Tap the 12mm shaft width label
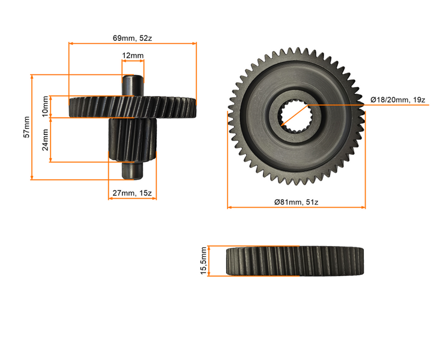[133, 56]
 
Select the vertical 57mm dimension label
[26, 127]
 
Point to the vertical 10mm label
[44, 106]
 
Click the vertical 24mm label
[45, 140]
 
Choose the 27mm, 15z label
[132, 193]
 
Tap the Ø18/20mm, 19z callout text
[398, 100]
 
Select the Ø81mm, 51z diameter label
[296, 202]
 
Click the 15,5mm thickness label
[203, 261]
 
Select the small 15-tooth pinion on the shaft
[133, 140]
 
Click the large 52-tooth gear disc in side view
[133, 107]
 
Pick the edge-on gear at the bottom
[296, 261]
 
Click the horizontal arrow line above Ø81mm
[296, 208]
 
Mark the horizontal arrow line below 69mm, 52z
[133, 43]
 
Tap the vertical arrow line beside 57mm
[32, 127]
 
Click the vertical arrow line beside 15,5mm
[209, 261]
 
